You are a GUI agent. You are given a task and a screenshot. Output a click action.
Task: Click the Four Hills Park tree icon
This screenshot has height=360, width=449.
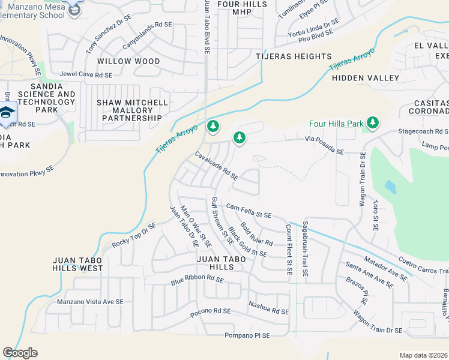373,123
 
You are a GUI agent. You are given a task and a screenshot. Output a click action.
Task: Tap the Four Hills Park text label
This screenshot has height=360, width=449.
336,124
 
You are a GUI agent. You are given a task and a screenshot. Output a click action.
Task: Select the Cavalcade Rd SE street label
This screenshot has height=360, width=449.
217,166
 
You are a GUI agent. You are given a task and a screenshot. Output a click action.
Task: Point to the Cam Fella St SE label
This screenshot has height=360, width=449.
249,211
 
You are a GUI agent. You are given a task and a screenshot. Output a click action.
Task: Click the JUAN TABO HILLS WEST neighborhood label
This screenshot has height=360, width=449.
78,265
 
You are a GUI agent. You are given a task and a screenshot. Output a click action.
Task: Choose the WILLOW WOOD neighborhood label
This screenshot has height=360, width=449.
128,61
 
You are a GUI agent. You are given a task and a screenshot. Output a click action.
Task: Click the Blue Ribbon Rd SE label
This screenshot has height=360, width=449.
197,280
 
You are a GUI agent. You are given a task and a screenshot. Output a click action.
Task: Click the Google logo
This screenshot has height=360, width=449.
20,353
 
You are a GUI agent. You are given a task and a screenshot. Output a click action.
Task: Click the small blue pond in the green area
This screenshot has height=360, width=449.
391,187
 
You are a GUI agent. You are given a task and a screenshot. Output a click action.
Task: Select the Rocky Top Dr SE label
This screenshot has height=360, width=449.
133,236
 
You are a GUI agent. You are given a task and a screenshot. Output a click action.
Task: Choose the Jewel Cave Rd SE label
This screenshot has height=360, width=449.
86,75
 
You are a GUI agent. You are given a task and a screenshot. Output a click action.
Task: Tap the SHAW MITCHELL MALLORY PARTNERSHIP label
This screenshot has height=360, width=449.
132,110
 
